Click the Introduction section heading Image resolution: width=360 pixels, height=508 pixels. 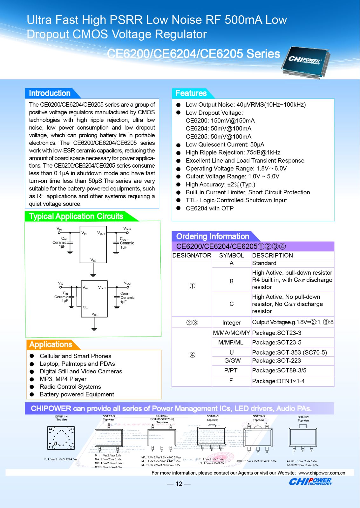pos(50,93)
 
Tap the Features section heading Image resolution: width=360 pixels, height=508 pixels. pos(191,93)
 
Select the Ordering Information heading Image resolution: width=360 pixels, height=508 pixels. pos(213,237)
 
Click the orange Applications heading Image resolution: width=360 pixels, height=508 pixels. pos(51,345)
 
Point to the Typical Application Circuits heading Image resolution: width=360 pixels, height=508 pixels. pos(76,217)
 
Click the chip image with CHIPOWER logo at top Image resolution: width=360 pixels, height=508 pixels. pos(305,62)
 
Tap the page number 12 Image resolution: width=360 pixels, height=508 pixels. pos(179,484)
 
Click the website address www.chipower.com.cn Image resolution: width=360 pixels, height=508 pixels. pos(322,473)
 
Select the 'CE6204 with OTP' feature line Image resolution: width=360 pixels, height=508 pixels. pos(210,208)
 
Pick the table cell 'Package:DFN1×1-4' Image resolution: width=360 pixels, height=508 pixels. pos(278,381)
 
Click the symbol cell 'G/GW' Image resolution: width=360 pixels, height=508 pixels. pos(232,361)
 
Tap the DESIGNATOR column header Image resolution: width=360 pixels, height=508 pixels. pos(192,255)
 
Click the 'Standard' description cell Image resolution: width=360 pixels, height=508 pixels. pos(264,263)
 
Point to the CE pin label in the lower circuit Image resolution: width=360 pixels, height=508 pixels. pos(85,307)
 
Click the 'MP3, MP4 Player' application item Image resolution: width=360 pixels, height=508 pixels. pos(63,379)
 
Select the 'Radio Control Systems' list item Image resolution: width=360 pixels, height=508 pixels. pos(70,387)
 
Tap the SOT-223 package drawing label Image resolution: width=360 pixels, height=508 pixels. pos(303,417)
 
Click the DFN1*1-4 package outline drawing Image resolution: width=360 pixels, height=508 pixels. pos(61,438)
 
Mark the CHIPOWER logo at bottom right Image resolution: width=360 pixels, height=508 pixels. pos(310,482)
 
